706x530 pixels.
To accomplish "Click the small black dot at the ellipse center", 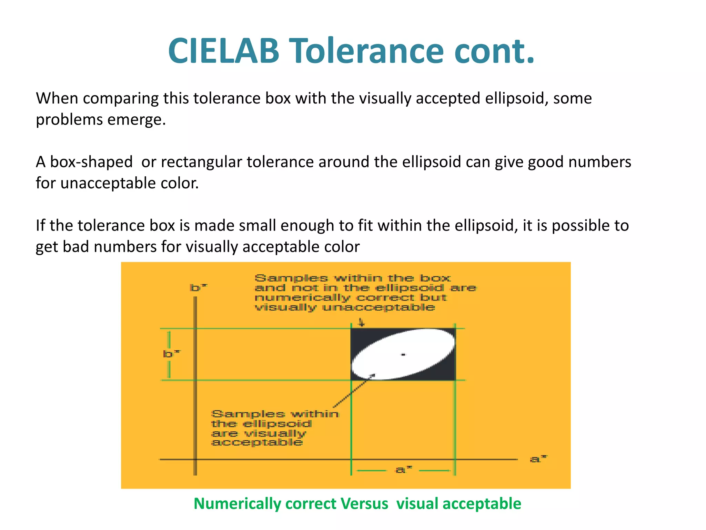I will point(403,354).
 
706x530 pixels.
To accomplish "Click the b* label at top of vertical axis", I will point(198,287).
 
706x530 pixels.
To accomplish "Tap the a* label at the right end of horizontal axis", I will point(538,459).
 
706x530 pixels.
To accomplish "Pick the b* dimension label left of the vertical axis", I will point(171,354).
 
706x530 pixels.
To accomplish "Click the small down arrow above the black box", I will point(361,323).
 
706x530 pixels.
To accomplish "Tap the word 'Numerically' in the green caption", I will point(238,504).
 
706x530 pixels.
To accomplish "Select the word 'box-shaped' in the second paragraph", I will point(91,162).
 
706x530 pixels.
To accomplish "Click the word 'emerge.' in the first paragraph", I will point(137,119).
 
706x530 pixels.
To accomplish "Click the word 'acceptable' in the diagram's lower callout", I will point(257,442).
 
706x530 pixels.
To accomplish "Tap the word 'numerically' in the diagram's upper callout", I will point(302,298).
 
